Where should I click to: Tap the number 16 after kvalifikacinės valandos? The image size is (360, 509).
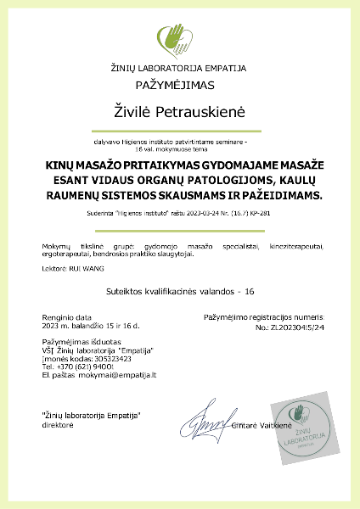[x=250, y=291]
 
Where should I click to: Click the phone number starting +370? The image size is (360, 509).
[x=83, y=366]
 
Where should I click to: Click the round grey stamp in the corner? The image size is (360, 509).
[x=300, y=420]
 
